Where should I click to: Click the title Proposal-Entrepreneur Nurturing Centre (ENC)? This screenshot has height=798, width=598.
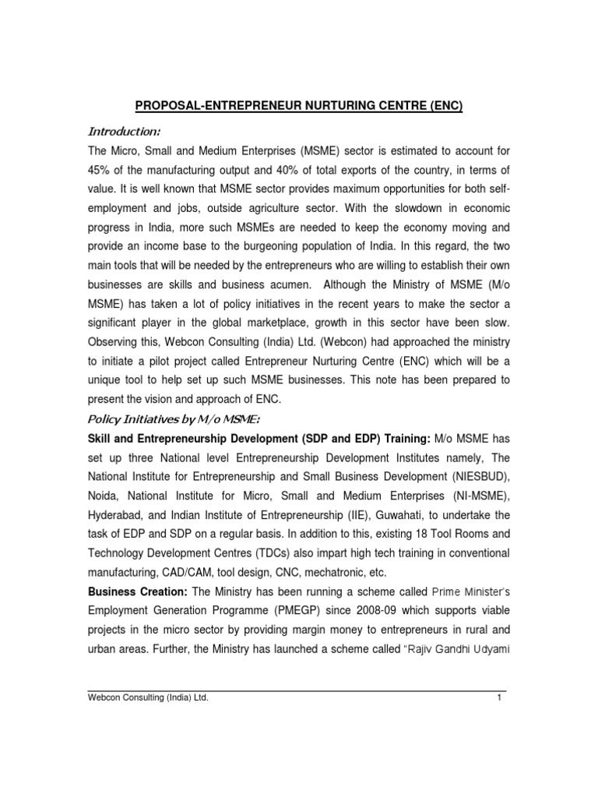[298, 106]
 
